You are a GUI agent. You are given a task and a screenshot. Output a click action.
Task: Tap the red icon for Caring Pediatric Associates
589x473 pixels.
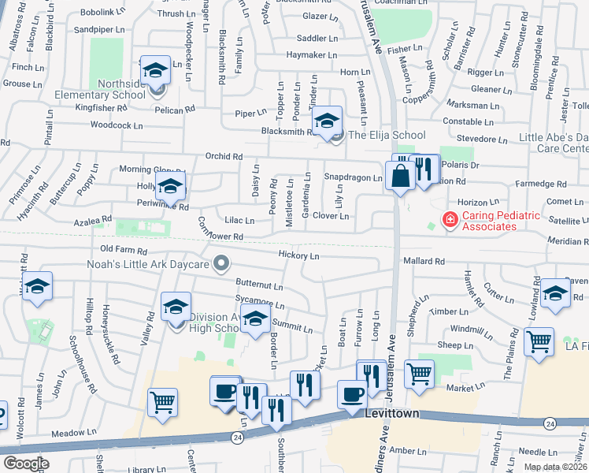tap(450, 219)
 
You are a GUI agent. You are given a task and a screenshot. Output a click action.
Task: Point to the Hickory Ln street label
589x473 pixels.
tap(298, 255)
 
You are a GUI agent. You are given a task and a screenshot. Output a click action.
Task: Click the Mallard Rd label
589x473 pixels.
tap(424, 260)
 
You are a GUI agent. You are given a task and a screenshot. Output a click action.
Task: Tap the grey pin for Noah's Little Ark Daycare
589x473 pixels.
tap(222, 263)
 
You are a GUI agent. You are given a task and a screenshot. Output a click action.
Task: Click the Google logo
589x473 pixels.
tap(26, 463)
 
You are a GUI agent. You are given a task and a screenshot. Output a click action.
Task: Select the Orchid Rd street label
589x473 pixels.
tap(223, 156)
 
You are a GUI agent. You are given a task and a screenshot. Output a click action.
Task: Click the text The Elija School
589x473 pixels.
tap(387, 136)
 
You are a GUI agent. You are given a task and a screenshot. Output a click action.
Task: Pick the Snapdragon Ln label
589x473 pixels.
tap(353, 177)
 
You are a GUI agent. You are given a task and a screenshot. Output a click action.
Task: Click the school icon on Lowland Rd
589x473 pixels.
tap(556, 293)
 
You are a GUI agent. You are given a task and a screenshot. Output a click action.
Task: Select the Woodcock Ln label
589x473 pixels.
tap(117, 125)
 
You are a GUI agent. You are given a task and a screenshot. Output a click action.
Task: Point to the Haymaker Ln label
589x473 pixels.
tap(312, 55)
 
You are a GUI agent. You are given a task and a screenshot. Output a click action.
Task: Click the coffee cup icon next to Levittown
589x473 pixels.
tap(352, 394)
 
